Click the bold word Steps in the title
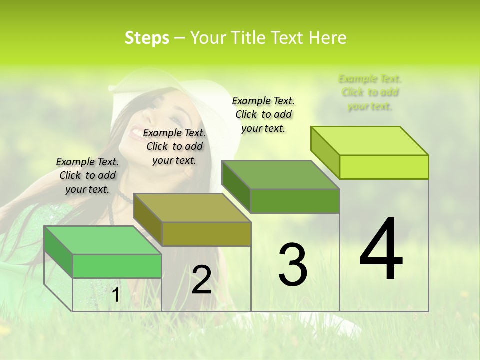147,38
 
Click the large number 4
381,250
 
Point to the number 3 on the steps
293,264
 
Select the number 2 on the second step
201,280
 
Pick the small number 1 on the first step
115,295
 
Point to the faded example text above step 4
370,92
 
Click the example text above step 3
263,114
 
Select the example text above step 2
174,146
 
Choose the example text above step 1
87,175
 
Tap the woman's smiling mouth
136,133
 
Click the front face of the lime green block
384,167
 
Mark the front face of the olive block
206,234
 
